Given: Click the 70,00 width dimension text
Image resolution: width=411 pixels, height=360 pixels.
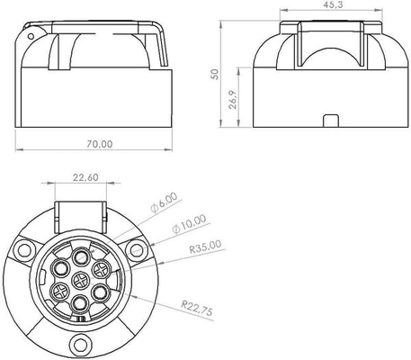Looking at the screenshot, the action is click(100, 144).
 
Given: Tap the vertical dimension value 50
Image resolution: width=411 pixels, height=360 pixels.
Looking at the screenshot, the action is click(215, 74).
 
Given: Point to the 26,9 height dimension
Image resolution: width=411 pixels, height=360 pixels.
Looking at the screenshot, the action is click(232, 99).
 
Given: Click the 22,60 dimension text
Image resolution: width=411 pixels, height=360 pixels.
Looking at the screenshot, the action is click(85, 177).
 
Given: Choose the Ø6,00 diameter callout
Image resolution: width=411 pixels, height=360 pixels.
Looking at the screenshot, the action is click(164, 202).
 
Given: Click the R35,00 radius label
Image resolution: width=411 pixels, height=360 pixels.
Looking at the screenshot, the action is click(205, 247).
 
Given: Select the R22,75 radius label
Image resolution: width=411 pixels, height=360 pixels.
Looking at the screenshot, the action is click(197, 308).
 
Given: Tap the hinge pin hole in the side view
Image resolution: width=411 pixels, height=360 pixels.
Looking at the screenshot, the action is click(31, 37).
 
